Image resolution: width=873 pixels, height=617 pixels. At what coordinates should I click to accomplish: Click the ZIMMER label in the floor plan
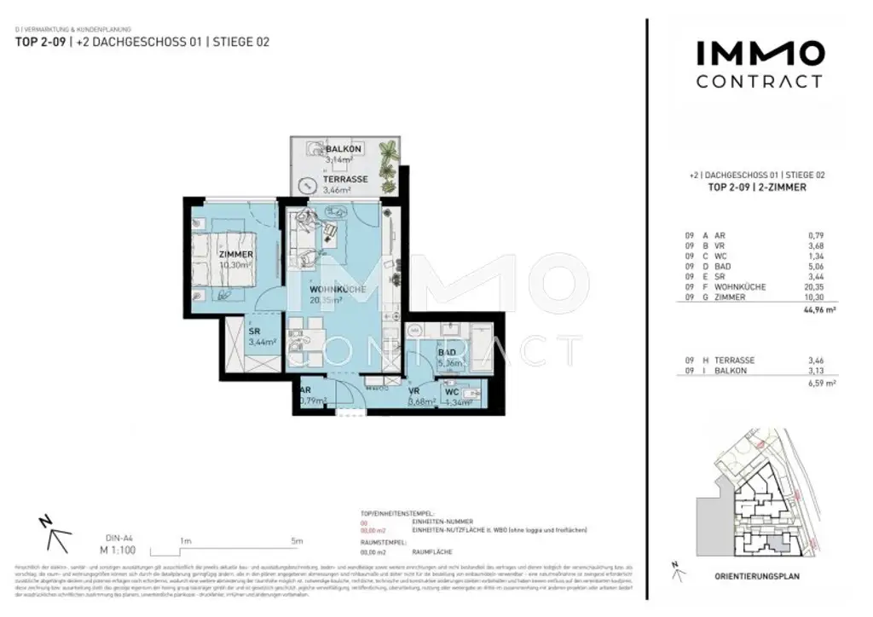[x=235, y=256]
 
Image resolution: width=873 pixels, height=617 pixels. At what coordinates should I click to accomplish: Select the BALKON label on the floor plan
[x=320, y=149]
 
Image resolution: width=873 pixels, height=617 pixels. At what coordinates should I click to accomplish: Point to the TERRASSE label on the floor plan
[x=345, y=181]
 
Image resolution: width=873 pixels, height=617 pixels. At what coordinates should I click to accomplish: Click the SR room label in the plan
[x=254, y=331]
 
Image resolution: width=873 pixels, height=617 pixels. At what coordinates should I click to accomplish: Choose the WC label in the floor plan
[x=452, y=392]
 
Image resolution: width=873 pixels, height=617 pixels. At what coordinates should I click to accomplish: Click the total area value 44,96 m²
[x=819, y=312]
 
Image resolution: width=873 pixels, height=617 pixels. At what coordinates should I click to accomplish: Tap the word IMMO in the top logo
[x=760, y=54]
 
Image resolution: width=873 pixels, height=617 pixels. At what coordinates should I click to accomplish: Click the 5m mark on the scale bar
[x=297, y=541]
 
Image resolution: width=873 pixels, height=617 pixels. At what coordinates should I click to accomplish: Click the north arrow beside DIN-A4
[x=55, y=533]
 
